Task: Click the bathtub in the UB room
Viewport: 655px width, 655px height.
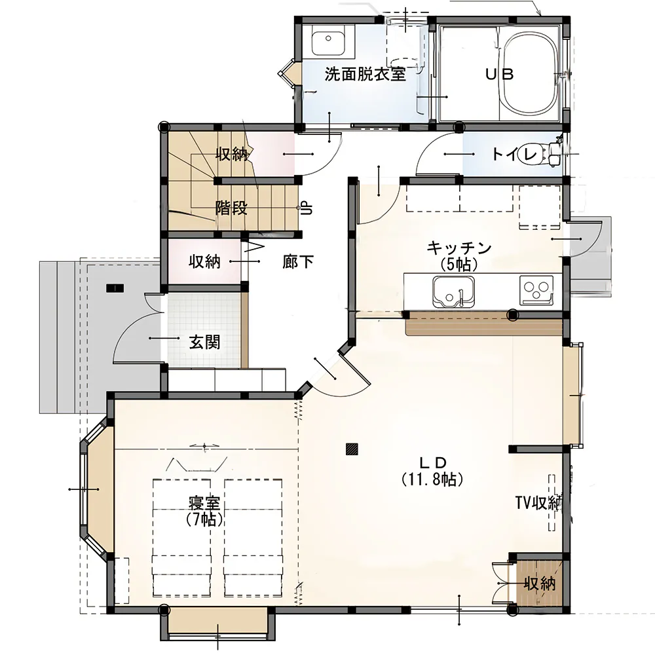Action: [x=529, y=74]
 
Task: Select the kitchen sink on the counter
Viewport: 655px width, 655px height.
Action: [x=453, y=291]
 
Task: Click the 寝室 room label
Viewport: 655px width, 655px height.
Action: [x=204, y=503]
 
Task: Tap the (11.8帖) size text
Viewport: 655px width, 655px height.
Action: [x=432, y=479]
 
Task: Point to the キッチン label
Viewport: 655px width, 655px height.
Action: [x=458, y=248]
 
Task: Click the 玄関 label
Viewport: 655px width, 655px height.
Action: [x=204, y=343]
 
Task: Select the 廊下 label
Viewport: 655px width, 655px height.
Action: [x=298, y=262]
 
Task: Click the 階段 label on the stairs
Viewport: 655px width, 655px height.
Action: [x=231, y=208]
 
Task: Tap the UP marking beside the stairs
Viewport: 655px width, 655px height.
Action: [x=307, y=208]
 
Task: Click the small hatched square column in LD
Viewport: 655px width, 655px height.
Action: [x=352, y=449]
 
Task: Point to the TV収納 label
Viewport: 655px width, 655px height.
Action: [x=539, y=503]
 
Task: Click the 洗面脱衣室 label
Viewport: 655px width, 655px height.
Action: [x=365, y=75]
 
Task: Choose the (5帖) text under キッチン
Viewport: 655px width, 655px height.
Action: [x=458, y=264]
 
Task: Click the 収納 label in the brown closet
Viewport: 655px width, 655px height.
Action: [x=540, y=584]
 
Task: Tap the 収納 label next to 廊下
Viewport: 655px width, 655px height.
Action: [x=204, y=262]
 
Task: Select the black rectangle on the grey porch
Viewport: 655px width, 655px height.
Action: [x=115, y=288]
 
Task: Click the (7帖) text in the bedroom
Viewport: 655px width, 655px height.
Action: [x=204, y=519]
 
